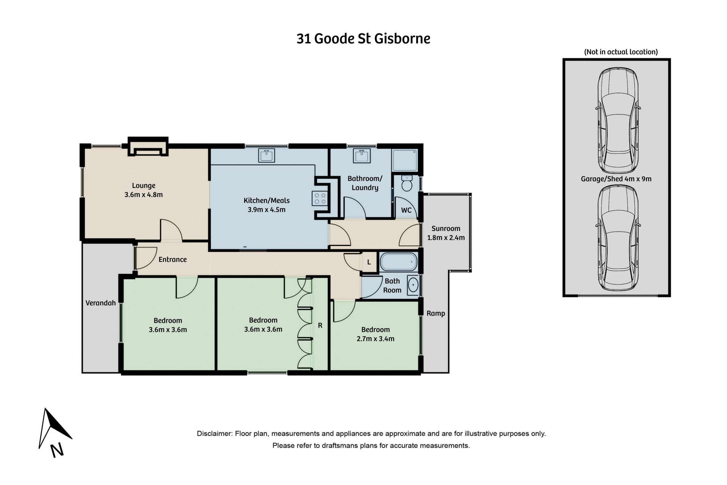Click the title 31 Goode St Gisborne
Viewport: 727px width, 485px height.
coord(363,39)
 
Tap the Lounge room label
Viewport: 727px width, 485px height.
coord(144,186)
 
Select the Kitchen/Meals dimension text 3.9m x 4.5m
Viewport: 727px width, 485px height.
coord(267,210)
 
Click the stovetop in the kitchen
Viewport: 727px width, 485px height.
coord(320,199)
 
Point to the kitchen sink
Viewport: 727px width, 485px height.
coord(267,155)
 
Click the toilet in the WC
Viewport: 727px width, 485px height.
coord(407,183)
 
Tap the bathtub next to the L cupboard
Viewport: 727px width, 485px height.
coord(398,262)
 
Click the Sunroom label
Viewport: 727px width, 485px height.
coord(446,228)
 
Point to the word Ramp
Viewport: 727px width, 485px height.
coord(436,313)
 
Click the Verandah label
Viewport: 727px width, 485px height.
coord(101,303)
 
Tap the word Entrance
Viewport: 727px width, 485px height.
coord(173,260)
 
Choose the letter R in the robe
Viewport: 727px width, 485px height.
coord(320,325)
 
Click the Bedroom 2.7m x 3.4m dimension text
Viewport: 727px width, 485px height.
coord(376,339)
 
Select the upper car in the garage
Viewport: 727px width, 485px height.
coord(618,120)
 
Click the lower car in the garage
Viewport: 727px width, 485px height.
coord(618,238)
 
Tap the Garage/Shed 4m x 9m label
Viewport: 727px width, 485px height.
coord(616,179)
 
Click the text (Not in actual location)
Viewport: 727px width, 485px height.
coord(621,52)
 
